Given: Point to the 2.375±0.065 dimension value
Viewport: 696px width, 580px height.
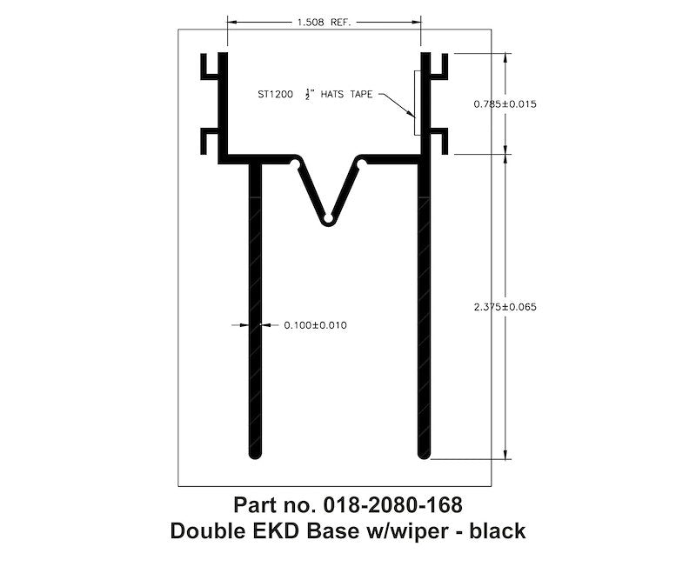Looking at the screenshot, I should (505, 306).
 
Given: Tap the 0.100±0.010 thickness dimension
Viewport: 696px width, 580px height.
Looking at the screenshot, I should (316, 325).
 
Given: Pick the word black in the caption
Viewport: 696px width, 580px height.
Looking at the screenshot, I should (498, 530).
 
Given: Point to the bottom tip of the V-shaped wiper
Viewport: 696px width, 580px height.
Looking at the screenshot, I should (327, 218).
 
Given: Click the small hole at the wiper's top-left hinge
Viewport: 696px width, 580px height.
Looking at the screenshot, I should (296, 163).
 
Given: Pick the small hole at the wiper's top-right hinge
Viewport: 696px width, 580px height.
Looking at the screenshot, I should (358, 163).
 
